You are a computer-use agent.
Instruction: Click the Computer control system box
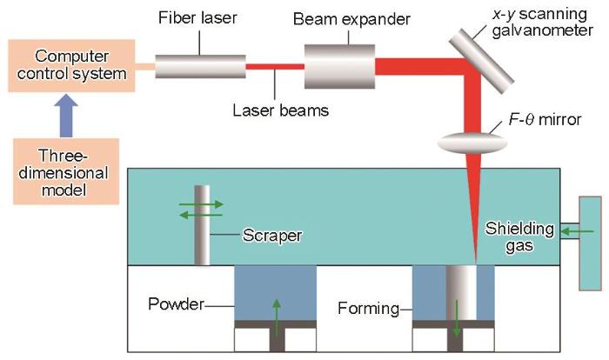click(x=72, y=65)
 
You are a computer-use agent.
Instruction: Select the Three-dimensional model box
click(x=66, y=171)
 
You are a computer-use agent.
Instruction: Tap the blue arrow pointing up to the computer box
click(x=66, y=116)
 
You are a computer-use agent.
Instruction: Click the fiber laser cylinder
click(x=200, y=66)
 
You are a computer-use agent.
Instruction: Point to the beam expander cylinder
click(x=339, y=66)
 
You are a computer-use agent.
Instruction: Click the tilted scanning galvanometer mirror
click(x=482, y=61)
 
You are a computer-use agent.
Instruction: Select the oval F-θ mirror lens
click(x=472, y=143)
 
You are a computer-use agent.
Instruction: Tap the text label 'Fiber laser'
click(x=197, y=18)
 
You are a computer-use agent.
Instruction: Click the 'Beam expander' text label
click(x=351, y=19)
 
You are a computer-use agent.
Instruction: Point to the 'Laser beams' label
click(x=280, y=110)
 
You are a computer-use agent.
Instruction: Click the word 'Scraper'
click(x=272, y=236)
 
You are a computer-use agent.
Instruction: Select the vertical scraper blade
click(x=202, y=225)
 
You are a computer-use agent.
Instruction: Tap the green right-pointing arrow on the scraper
click(x=201, y=203)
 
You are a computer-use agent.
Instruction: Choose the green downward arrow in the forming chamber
click(x=457, y=318)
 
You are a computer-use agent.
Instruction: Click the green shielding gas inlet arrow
click(x=578, y=232)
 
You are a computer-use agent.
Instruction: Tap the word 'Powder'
click(x=176, y=304)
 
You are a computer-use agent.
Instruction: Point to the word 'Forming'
click(x=368, y=309)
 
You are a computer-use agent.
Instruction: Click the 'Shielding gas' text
click(x=519, y=237)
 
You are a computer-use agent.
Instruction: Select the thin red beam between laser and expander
click(x=275, y=67)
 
